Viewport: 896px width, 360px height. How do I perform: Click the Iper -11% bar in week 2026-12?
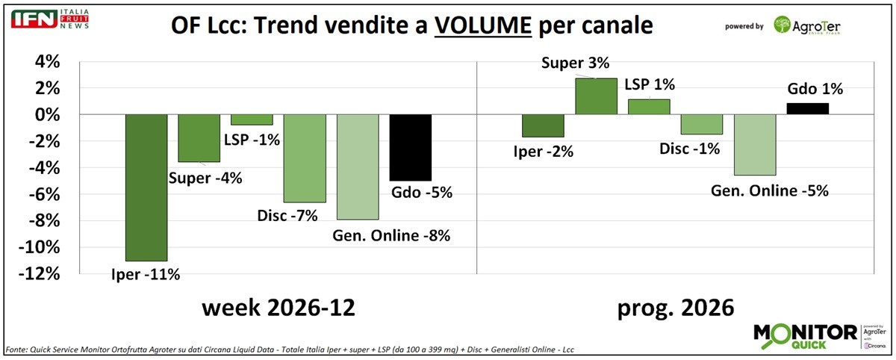click(146, 187)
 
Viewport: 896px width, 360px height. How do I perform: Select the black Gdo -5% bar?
click(411, 147)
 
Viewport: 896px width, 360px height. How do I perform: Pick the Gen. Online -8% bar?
click(358, 167)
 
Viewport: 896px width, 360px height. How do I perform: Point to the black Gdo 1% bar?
click(808, 109)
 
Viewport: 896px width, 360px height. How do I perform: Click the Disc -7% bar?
click(305, 158)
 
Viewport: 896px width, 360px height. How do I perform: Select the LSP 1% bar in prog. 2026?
click(649, 107)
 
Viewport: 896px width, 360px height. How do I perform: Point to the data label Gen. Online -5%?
click(769, 190)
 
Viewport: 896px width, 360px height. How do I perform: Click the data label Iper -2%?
click(543, 152)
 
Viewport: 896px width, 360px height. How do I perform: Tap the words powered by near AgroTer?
click(744, 27)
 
